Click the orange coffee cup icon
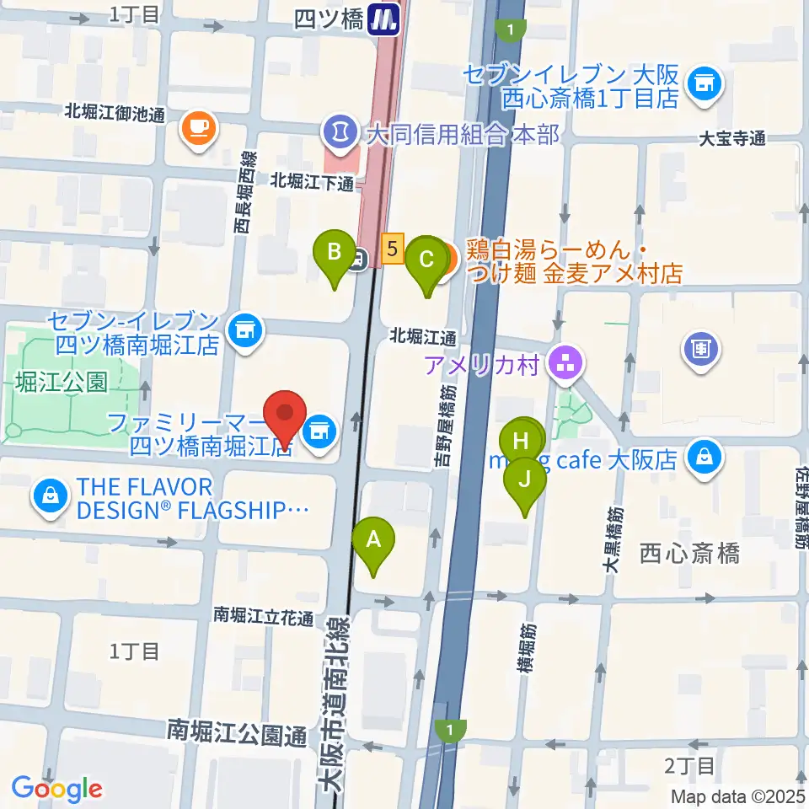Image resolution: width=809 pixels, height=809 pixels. [198, 128]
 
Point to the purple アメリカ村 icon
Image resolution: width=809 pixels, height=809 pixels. [564, 364]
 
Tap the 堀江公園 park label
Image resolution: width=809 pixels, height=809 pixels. [62, 382]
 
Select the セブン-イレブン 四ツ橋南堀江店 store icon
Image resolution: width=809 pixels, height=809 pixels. [245, 326]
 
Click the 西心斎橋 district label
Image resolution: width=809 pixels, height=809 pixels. [689, 554]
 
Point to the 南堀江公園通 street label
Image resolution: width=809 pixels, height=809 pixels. [237, 732]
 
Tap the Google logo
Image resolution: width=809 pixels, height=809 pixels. [56, 789]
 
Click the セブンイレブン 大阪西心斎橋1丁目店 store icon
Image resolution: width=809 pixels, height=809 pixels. [702, 82]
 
